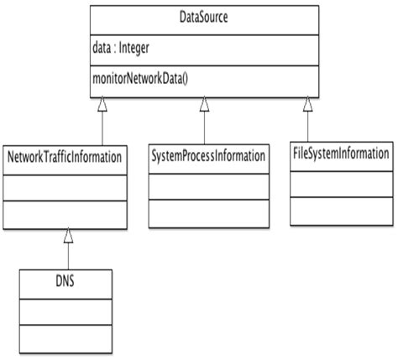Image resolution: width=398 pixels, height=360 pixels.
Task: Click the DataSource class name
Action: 203,17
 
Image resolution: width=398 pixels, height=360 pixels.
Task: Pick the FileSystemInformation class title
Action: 341,154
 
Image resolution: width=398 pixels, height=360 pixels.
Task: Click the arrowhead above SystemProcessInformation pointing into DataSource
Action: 204,103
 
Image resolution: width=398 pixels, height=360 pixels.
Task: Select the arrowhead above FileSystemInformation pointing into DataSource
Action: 308,103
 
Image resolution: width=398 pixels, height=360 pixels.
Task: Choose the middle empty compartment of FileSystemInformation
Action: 341,182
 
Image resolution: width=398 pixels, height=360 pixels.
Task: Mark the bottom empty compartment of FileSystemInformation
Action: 341,207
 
